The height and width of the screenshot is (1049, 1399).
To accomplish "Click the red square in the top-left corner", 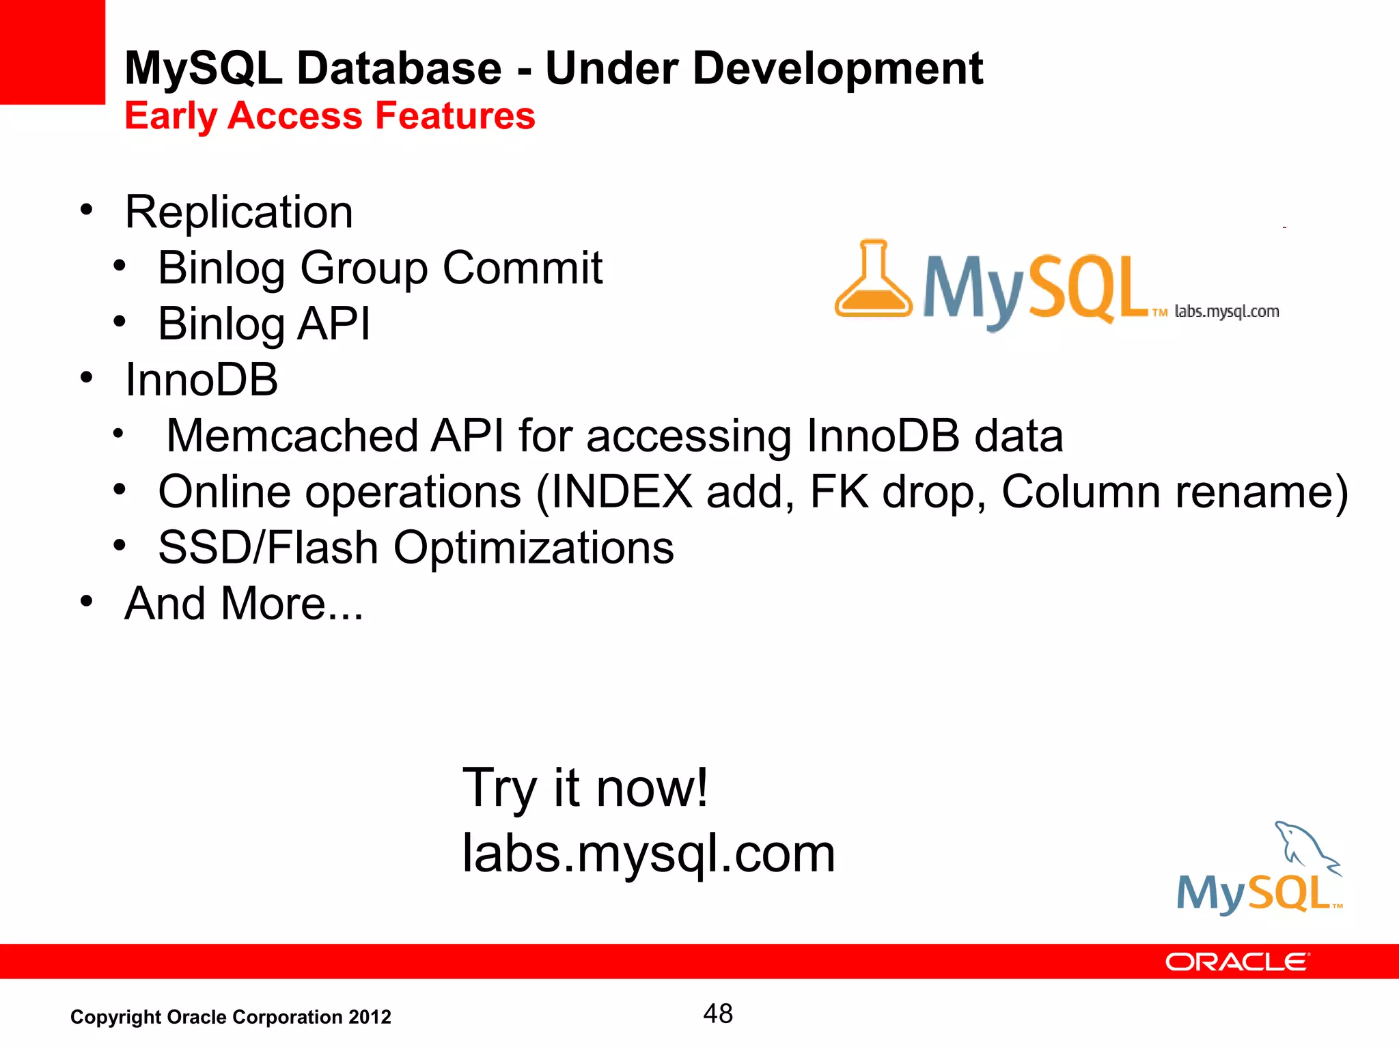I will [52, 52].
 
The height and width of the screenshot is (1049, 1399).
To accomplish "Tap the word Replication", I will [239, 212].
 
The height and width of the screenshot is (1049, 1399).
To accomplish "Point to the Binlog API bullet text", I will [264, 324].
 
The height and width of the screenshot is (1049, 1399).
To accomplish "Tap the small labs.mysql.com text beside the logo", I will [1226, 311].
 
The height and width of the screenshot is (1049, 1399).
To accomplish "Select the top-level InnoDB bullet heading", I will [202, 380].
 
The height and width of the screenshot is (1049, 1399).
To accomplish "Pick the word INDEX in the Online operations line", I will [622, 492].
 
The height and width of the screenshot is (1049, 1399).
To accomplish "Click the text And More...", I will [243, 604].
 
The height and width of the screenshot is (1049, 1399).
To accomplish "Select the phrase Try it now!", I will [585, 787].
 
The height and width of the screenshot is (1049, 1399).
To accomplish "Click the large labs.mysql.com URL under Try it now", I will [648, 853].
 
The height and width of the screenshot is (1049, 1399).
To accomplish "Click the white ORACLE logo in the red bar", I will [1236, 962].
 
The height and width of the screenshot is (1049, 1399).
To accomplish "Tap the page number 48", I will [717, 1013].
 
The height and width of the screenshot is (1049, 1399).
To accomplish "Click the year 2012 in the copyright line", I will [370, 1018].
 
